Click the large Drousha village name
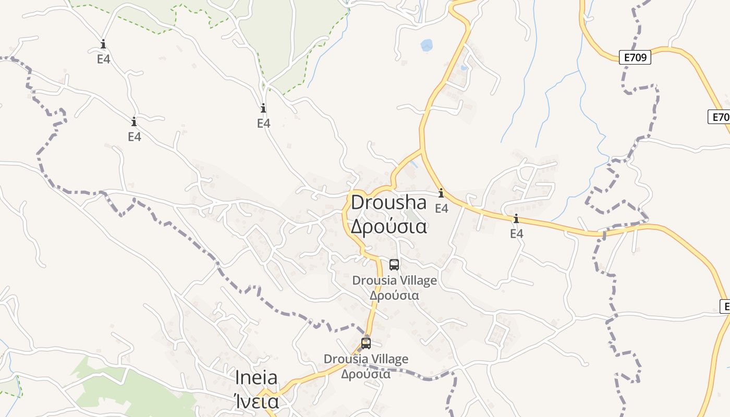pyautogui.click(x=388, y=203)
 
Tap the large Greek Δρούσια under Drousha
pyautogui.click(x=388, y=227)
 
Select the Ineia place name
pyautogui.click(x=256, y=377)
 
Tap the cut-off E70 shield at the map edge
pyautogui.click(x=720, y=117)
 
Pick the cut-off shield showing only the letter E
pyautogui.click(x=725, y=306)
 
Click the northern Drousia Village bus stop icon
pyautogui.click(x=394, y=264)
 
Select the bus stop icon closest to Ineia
pyautogui.click(x=366, y=343)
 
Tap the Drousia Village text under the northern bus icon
pyautogui.click(x=395, y=280)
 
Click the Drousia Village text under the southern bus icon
pyautogui.click(x=366, y=359)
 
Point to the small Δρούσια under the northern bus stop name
pyautogui.click(x=395, y=295)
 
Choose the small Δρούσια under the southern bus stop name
pyautogui.click(x=366, y=374)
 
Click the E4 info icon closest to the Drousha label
pyautogui.click(x=441, y=193)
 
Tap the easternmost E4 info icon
pyautogui.click(x=516, y=219)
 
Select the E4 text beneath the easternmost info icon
pyautogui.click(x=517, y=234)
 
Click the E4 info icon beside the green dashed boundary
pyautogui.click(x=263, y=108)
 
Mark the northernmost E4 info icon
pyautogui.click(x=103, y=44)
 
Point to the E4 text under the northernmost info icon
pyautogui.click(x=104, y=59)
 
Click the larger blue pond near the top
pyautogui.click(x=427, y=45)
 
